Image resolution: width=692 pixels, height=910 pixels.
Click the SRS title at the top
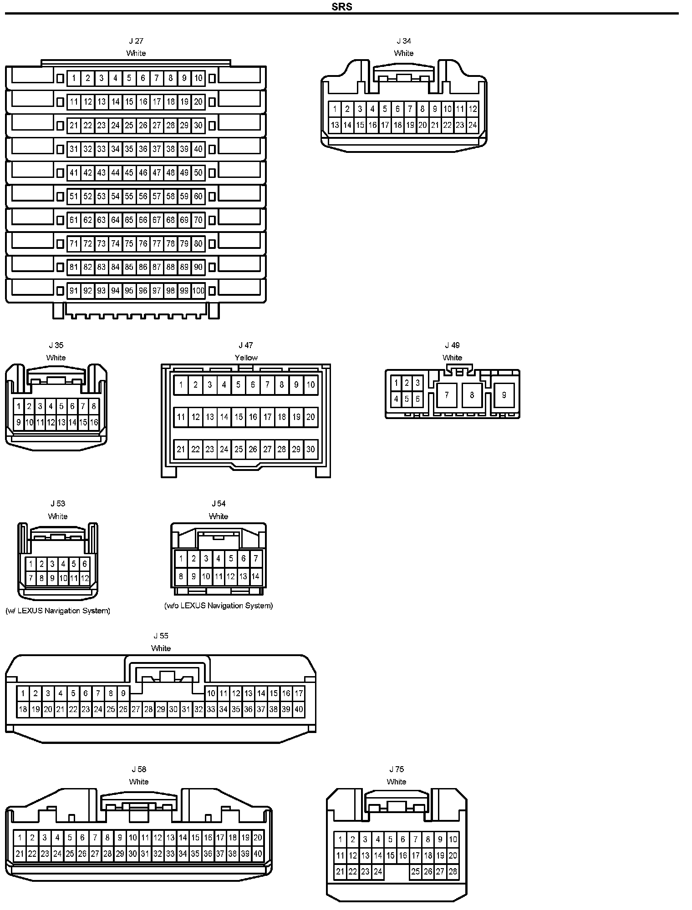tap(342, 7)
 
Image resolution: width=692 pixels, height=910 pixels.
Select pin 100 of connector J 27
tap(198, 291)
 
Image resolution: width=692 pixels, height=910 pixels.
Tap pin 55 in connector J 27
tap(129, 196)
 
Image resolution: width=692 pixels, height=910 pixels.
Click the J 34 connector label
tap(404, 41)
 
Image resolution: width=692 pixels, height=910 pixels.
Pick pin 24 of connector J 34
tap(472, 125)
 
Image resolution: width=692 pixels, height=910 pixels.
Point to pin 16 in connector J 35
tap(94, 422)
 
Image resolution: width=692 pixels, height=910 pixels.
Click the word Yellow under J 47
tap(246, 358)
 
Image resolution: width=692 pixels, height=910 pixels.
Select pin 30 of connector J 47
tap(310, 449)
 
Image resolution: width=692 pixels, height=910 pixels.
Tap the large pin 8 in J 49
tap(472, 395)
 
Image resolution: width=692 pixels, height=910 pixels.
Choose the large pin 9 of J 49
tap(504, 395)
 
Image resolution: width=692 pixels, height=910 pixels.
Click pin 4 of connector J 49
tap(396, 399)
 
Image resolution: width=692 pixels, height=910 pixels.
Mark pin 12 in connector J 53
tap(85, 579)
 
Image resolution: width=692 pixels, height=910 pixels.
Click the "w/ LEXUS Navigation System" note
tap(58, 611)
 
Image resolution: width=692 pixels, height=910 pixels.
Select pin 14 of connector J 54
tap(255, 576)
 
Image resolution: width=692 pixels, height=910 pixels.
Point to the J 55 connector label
tap(161, 636)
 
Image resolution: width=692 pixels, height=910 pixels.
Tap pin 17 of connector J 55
tap(299, 693)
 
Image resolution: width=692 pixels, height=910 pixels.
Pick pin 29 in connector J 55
tap(161, 709)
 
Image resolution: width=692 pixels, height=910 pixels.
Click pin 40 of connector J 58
tap(258, 854)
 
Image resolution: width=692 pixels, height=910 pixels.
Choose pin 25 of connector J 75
tap(415, 872)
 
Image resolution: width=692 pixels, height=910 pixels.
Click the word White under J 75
tap(396, 782)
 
